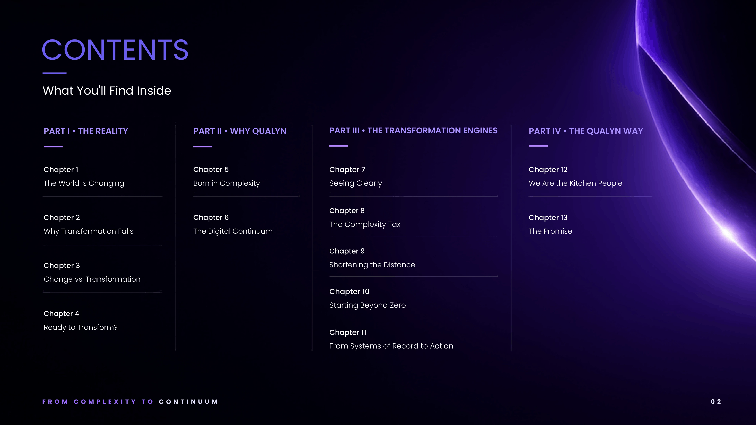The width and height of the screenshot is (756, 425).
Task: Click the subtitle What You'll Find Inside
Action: click(107, 91)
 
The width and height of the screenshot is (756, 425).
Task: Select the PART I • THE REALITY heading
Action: click(86, 131)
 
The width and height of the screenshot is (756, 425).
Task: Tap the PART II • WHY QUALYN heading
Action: click(240, 131)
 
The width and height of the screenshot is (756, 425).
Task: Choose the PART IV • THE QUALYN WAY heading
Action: click(586, 131)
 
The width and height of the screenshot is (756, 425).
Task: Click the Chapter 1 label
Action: click(61, 170)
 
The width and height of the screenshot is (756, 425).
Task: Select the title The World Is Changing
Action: click(84, 183)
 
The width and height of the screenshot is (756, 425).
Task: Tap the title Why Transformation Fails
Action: click(89, 231)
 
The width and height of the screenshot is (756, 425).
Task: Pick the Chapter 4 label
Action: click(61, 314)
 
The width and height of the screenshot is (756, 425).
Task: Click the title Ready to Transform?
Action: click(81, 327)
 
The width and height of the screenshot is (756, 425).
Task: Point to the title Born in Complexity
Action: click(227, 183)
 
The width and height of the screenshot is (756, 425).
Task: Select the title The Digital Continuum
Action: click(233, 231)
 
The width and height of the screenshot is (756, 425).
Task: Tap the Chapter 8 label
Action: click(347, 211)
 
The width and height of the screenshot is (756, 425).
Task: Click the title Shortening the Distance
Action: click(372, 265)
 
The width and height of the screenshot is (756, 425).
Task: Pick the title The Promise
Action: click(550, 231)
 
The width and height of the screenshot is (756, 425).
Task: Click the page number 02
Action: click(716, 402)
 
